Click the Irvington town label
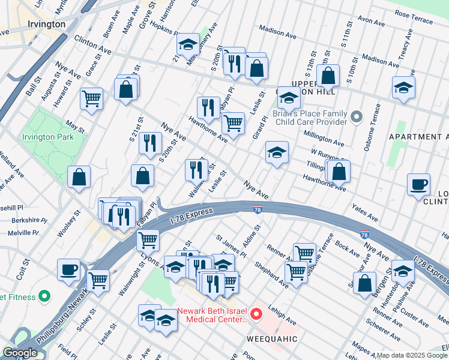46,24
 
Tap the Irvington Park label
47,137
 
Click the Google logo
20,353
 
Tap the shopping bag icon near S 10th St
328,76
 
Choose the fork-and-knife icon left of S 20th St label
149,142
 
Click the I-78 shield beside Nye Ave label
256,208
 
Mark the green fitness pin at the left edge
43,296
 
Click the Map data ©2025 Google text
412,355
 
